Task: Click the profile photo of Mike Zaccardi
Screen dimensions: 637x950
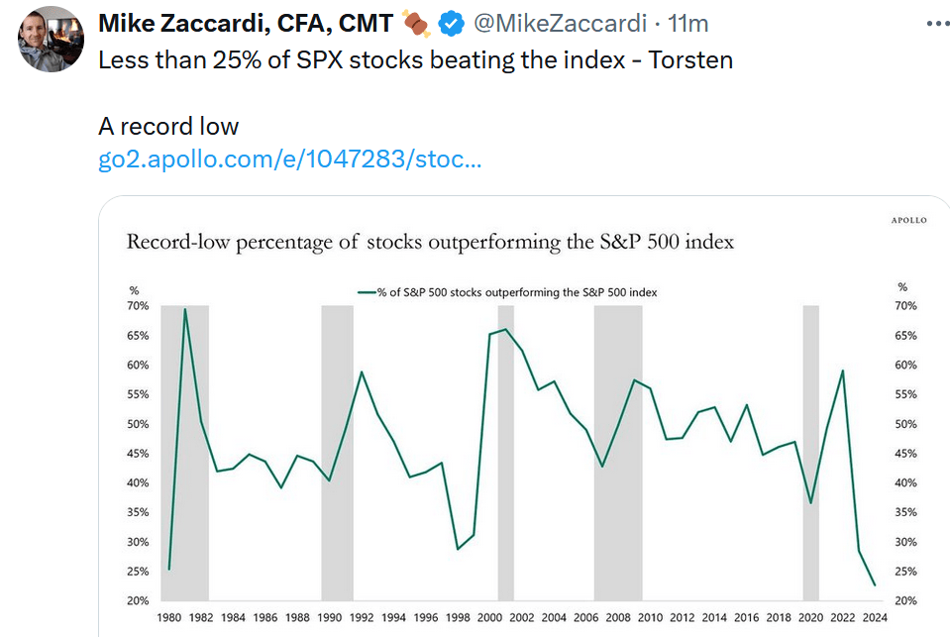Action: point(51,39)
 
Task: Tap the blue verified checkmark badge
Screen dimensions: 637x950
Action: point(451,22)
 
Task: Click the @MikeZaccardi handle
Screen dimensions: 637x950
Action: point(564,22)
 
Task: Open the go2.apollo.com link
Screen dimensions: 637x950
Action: point(289,159)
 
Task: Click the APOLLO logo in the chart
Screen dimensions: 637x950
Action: point(907,220)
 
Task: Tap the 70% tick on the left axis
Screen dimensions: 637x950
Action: point(138,306)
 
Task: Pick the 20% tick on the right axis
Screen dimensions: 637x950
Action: point(904,601)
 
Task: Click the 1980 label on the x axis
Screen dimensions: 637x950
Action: point(169,618)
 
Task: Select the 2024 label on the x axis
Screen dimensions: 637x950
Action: point(875,618)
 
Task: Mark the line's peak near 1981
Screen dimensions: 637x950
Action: point(185,309)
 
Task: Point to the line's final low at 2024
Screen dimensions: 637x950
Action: point(875,585)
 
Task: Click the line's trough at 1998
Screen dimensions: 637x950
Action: point(457,549)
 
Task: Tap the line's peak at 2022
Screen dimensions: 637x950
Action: point(843,371)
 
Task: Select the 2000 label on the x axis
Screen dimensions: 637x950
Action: point(489,618)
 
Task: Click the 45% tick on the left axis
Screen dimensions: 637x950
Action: point(138,454)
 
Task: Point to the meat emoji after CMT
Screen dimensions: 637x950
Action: point(416,22)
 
